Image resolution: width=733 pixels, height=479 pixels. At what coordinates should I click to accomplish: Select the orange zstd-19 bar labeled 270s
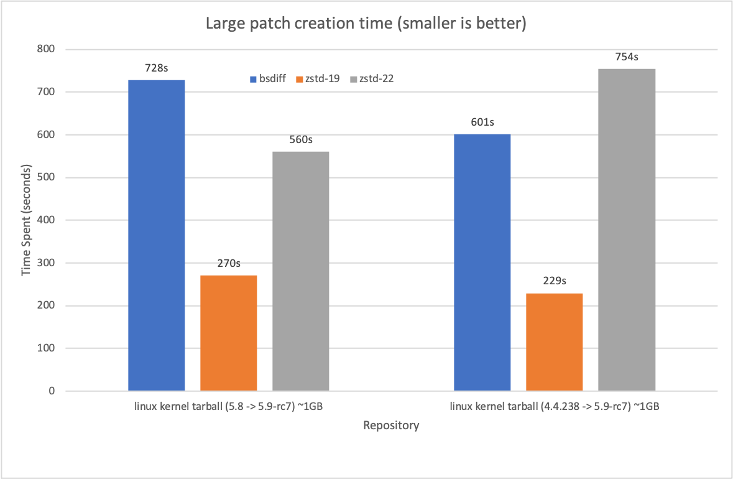[x=228, y=333]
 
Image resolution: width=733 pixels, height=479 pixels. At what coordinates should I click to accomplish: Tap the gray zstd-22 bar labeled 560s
[x=300, y=271]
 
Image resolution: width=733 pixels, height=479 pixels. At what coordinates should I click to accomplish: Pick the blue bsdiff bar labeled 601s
[x=482, y=263]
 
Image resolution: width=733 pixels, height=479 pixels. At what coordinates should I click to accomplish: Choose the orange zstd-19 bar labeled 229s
[x=554, y=342]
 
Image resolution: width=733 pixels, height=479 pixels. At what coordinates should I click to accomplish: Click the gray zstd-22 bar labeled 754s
[x=626, y=230]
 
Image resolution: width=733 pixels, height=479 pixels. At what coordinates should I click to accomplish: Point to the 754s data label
[x=626, y=57]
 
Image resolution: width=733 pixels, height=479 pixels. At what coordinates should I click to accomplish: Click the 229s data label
[x=554, y=281]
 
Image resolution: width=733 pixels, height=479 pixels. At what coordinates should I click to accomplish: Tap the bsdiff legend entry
[x=267, y=79]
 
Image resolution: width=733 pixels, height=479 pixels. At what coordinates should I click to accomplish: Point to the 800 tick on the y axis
[x=47, y=49]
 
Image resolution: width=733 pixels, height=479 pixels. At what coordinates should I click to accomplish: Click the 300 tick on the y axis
[x=47, y=263]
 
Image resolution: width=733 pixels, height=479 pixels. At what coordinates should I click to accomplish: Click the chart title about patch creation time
[x=366, y=24]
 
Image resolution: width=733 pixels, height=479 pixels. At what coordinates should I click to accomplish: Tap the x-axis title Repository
[x=391, y=426]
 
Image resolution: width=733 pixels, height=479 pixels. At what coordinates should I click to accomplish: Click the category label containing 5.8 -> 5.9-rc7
[x=228, y=407]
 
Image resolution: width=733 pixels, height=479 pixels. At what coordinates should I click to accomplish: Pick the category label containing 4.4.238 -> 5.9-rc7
[x=554, y=407]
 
